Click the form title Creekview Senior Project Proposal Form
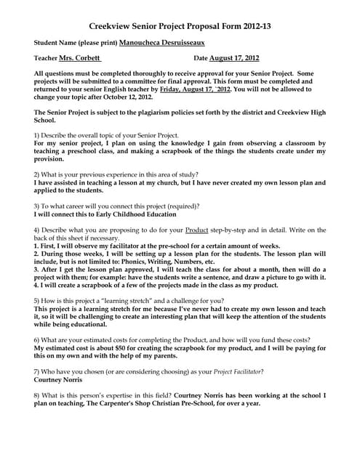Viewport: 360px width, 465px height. [180, 25]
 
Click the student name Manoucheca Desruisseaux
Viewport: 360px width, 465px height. [179, 42]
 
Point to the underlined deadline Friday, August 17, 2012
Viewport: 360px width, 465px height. [205, 88]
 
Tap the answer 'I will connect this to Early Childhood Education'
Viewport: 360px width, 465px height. [105, 214]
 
